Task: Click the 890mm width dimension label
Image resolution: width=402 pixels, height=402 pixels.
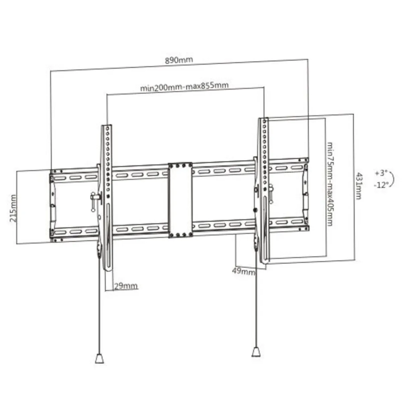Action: coord(179,60)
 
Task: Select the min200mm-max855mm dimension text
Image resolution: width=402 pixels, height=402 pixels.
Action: coord(184,86)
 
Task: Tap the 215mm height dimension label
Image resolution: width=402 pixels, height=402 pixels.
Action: coord(13,208)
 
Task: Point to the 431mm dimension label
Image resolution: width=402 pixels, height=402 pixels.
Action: coord(358,186)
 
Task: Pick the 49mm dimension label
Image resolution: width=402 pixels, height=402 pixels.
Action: coord(244,271)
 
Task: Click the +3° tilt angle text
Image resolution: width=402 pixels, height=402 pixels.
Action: coord(381,173)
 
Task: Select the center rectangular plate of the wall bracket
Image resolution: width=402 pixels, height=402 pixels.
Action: coord(180,200)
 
